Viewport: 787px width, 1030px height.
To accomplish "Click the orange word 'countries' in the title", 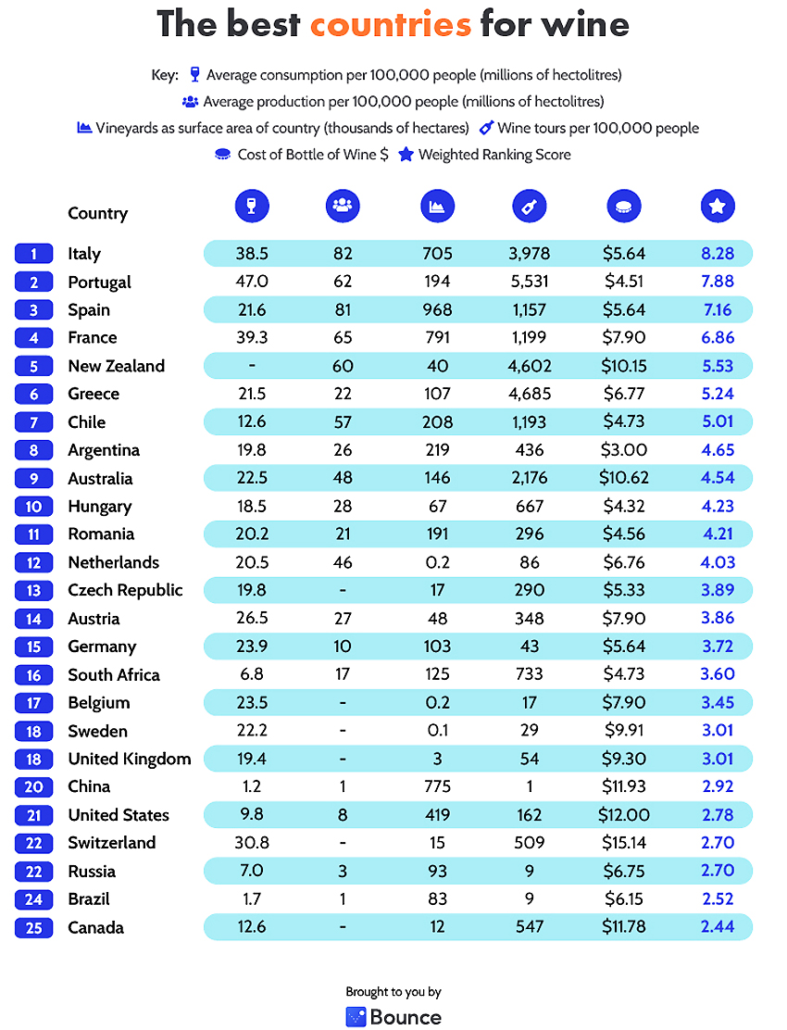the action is (x=391, y=25).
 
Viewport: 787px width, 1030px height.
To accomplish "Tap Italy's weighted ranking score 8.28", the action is (x=718, y=254).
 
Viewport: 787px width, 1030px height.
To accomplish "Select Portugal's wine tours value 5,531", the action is (x=529, y=282).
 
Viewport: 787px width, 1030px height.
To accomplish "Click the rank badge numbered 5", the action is (x=33, y=366).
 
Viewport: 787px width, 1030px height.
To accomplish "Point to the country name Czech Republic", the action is (x=125, y=590).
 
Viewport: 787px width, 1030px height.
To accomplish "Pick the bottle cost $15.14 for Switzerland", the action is (x=624, y=843).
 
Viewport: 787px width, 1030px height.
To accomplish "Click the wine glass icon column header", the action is (x=252, y=207).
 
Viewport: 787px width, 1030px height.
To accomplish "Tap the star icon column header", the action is (x=718, y=207).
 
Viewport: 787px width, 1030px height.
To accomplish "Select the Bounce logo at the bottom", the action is (x=393, y=1017).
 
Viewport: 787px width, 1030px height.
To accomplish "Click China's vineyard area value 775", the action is (x=437, y=786).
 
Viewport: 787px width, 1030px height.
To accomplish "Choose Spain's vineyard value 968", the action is (x=437, y=310).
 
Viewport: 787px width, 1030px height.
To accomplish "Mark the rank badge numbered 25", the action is (x=33, y=927).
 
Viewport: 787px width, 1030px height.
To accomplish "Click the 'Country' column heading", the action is (x=98, y=213).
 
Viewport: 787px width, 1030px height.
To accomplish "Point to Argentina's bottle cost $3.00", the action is (x=624, y=450).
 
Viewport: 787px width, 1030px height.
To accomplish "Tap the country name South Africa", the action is (x=114, y=674).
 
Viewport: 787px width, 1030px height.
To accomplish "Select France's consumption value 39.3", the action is (x=252, y=338).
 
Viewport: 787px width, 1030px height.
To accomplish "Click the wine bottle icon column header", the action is (x=529, y=207).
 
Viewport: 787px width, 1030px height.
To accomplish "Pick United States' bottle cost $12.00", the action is (x=624, y=815).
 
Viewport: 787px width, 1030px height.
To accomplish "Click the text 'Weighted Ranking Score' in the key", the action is (x=495, y=155).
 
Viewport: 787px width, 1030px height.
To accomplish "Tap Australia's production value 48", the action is (x=343, y=478).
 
